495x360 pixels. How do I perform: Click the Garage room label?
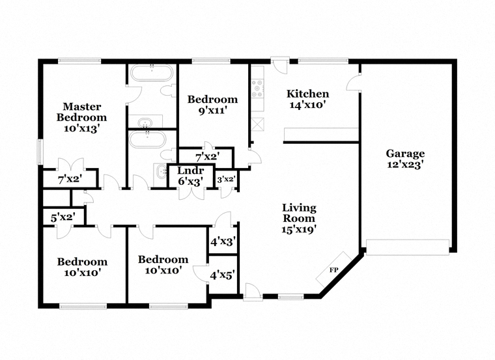tap(405, 154)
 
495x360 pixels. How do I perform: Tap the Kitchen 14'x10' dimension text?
tap(307, 105)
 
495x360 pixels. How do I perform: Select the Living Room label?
tap(299, 213)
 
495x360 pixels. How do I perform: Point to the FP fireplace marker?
tap(333, 270)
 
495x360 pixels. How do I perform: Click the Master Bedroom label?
tap(81, 112)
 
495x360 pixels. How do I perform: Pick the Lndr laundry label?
tap(190, 171)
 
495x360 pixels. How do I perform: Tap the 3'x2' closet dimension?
tap(226, 179)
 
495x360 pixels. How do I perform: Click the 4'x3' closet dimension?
tap(223, 242)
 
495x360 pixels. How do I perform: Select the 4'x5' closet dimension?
tap(223, 275)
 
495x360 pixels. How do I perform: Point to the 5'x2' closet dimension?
tap(63, 217)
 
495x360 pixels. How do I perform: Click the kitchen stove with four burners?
tap(257, 89)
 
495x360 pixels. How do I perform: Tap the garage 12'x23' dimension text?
tap(405, 165)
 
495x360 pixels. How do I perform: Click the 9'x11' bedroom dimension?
tap(213, 111)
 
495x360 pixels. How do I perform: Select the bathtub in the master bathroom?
tap(152, 73)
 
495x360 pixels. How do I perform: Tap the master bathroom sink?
tap(145, 122)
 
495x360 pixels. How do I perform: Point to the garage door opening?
tap(408, 247)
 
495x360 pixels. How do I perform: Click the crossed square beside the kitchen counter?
tap(257, 124)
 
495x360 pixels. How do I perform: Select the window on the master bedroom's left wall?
tap(40, 152)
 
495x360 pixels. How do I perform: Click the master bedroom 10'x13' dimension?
tap(82, 128)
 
